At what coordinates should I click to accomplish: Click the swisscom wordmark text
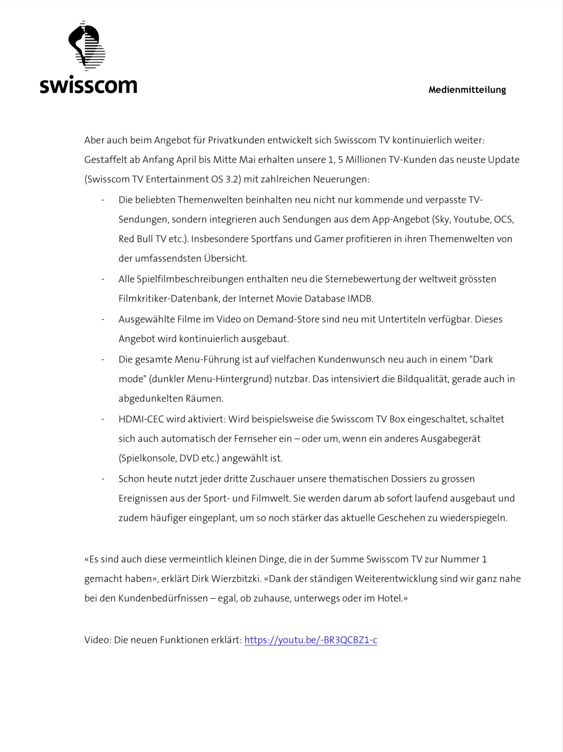pos(88,86)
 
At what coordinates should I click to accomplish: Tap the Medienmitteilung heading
pos(467,90)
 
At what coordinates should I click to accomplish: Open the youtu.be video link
pos(310,640)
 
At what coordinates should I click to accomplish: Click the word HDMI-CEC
pos(141,419)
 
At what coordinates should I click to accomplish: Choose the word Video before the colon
pos(97,640)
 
